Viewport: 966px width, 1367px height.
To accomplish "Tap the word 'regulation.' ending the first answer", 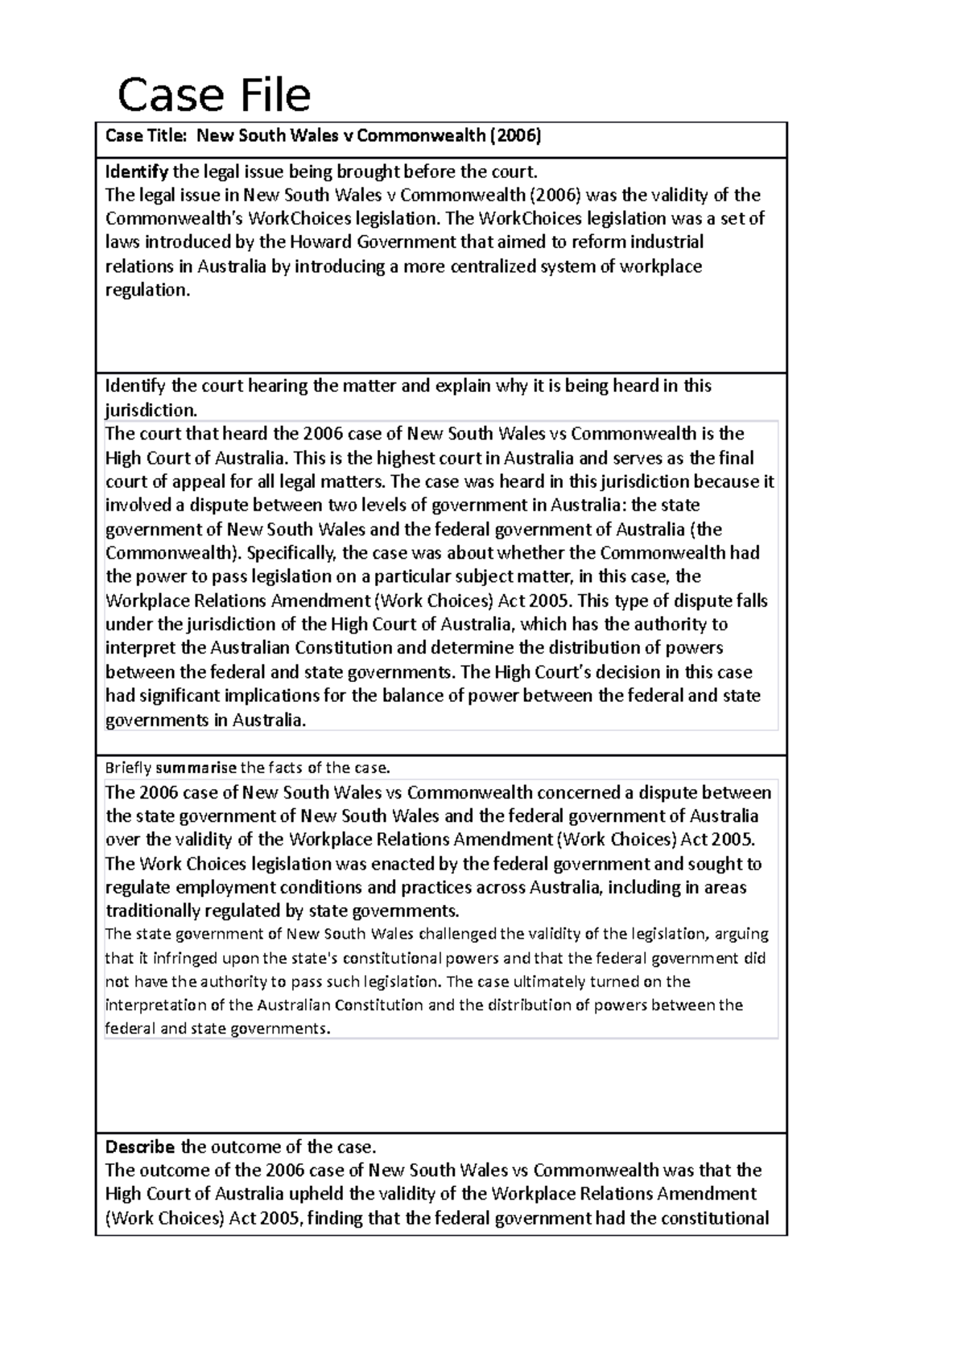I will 148,290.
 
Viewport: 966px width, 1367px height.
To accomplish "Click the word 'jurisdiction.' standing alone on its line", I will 151,410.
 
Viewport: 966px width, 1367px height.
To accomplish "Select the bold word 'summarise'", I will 196,767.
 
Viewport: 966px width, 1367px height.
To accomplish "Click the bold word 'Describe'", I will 140,1146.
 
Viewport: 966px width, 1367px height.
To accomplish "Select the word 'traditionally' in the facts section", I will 155,911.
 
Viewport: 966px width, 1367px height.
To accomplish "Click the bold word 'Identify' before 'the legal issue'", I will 137,171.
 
